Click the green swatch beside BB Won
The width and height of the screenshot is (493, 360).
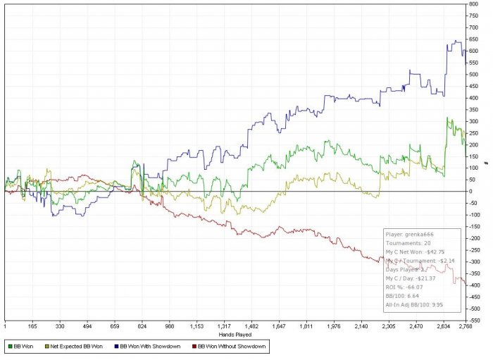[8, 346]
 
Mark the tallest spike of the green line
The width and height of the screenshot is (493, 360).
[448, 118]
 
